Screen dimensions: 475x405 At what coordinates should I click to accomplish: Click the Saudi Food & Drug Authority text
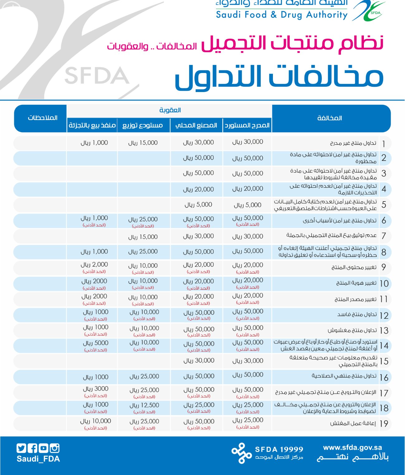(x=282, y=15)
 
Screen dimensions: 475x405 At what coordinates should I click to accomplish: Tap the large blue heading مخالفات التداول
(x=279, y=77)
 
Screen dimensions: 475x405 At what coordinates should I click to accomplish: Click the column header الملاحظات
(x=43, y=118)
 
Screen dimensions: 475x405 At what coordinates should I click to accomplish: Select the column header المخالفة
(x=330, y=118)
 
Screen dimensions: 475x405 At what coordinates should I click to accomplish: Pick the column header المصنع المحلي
(x=196, y=125)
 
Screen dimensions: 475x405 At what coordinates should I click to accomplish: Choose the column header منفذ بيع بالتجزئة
(x=92, y=125)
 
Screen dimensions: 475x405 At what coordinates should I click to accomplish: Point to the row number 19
(x=384, y=424)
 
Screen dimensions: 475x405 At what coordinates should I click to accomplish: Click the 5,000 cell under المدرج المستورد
(x=248, y=205)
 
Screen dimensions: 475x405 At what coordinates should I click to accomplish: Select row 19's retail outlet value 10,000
(x=95, y=421)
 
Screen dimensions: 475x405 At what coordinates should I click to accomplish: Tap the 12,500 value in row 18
(x=144, y=405)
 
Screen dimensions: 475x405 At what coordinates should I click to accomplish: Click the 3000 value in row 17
(x=95, y=389)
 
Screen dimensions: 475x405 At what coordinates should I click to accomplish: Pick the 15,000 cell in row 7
(x=143, y=237)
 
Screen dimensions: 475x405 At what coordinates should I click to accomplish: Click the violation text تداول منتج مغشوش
(x=352, y=330)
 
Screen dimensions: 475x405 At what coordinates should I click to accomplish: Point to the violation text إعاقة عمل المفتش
(x=353, y=424)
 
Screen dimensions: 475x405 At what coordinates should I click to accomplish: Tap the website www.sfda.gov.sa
(x=352, y=448)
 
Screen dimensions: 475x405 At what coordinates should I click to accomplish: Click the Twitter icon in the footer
(x=21, y=448)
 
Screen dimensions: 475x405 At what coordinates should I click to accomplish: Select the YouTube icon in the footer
(x=43, y=448)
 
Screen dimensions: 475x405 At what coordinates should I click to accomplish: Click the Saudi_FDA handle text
(x=38, y=459)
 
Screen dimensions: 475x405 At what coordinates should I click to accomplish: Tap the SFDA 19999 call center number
(x=279, y=449)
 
